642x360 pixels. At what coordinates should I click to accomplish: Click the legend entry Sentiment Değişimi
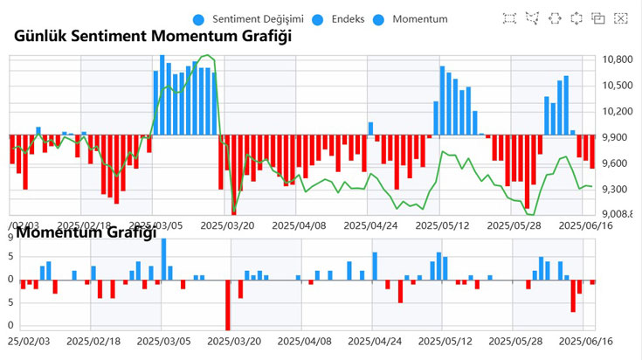(x=252, y=18)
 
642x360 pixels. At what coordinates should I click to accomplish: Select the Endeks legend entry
(x=348, y=18)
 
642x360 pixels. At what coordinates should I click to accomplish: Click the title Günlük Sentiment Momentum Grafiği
(x=153, y=36)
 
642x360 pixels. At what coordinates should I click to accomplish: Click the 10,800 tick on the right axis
(x=618, y=59)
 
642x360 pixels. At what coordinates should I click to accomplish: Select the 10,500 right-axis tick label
(x=618, y=86)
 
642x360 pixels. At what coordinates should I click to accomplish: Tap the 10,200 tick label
(x=618, y=112)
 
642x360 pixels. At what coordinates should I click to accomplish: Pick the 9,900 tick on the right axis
(x=618, y=138)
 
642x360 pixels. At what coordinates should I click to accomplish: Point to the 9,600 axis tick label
(x=618, y=163)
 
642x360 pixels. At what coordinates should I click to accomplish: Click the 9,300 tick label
(x=618, y=190)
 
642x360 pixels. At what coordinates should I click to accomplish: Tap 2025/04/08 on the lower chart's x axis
(x=303, y=343)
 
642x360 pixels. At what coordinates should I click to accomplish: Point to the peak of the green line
(x=208, y=56)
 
